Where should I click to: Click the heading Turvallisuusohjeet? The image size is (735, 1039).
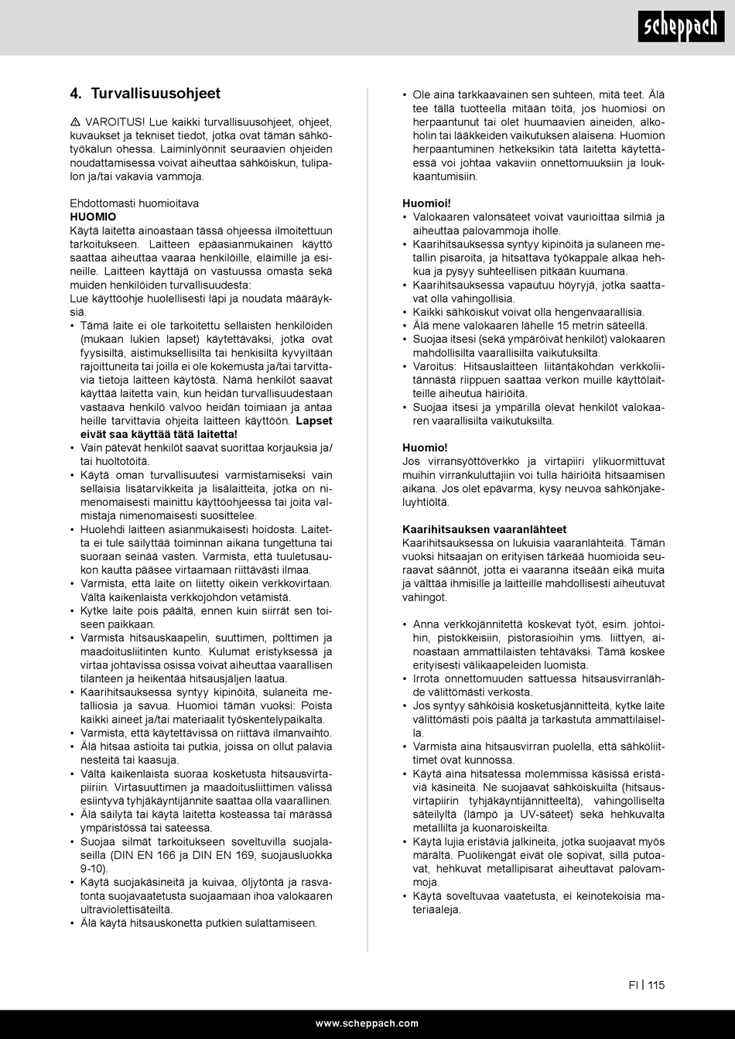(156, 94)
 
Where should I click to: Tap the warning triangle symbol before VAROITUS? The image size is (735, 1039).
(74, 122)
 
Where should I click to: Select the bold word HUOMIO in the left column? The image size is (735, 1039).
(93, 217)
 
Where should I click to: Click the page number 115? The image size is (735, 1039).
(656, 985)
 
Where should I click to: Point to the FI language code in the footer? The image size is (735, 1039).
(633, 985)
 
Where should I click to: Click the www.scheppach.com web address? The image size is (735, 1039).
(367, 1023)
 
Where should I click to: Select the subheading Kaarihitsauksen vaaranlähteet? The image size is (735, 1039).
(484, 529)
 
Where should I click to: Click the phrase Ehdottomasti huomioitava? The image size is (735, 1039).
(134, 203)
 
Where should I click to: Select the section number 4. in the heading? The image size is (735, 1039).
(76, 94)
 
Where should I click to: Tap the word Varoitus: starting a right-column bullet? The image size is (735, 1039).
(435, 367)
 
